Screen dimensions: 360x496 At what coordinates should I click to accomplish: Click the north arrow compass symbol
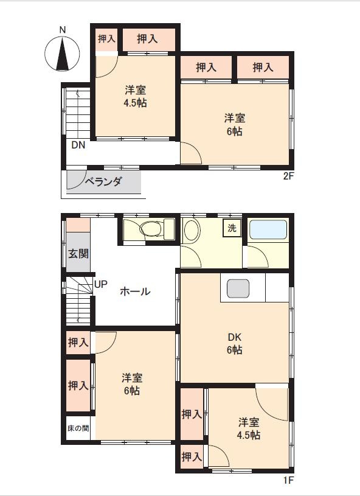pyautogui.click(x=62, y=54)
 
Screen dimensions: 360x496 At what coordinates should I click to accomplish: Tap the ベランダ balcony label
pyautogui.click(x=103, y=181)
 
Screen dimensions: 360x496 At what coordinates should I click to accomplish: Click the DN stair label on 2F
pyautogui.click(x=78, y=145)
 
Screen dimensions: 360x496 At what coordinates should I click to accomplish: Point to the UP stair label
pyautogui.click(x=101, y=284)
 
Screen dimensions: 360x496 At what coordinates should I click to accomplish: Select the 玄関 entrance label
pyautogui.click(x=78, y=253)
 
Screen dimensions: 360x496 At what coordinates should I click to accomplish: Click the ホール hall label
pyautogui.click(x=135, y=291)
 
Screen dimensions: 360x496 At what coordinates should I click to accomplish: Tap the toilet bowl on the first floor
pyautogui.click(x=151, y=228)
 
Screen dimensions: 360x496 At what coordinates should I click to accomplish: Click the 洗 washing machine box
pyautogui.click(x=232, y=228)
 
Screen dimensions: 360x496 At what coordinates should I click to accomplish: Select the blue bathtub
pyautogui.click(x=268, y=229)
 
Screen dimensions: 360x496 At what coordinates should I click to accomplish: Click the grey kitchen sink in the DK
pyautogui.click(x=238, y=288)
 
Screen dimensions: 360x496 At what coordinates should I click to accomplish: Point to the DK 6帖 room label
pyautogui.click(x=234, y=343)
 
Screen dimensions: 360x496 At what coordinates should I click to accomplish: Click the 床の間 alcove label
pyautogui.click(x=78, y=428)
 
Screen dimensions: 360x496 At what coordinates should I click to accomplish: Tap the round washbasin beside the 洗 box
pyautogui.click(x=192, y=230)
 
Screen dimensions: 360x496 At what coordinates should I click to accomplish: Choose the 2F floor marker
pyautogui.click(x=288, y=176)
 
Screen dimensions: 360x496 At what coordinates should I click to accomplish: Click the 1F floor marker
pyautogui.click(x=288, y=480)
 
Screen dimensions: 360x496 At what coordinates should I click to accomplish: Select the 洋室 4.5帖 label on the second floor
pyautogui.click(x=135, y=97)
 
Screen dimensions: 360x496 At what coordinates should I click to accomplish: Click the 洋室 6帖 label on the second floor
pyautogui.click(x=235, y=124)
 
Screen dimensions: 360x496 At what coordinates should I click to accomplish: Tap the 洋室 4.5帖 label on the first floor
pyautogui.click(x=249, y=428)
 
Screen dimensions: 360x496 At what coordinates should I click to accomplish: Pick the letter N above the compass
pyautogui.click(x=63, y=30)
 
